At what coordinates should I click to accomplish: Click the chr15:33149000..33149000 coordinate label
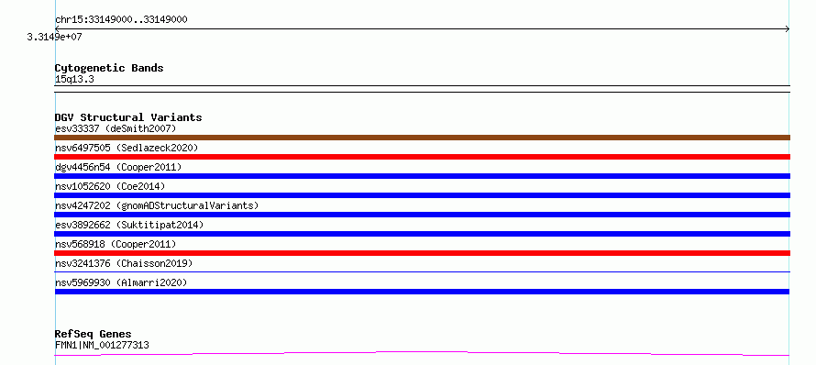click(x=121, y=20)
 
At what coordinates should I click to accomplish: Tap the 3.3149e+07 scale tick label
click(x=55, y=38)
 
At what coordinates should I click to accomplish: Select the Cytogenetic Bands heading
click(x=109, y=68)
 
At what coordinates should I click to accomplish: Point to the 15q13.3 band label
click(x=74, y=80)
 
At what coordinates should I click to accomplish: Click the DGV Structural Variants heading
click(x=128, y=117)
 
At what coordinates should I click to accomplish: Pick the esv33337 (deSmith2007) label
click(x=116, y=128)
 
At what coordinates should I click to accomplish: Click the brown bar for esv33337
click(x=422, y=138)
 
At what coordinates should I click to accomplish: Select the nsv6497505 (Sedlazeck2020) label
click(x=127, y=148)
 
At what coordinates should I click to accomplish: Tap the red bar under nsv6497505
click(x=422, y=157)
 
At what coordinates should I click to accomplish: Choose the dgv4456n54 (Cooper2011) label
click(x=118, y=167)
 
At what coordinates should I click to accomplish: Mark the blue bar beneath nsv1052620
click(x=422, y=195)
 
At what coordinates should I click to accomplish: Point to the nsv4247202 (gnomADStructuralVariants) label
click(x=157, y=205)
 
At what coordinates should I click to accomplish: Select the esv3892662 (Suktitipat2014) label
click(x=129, y=225)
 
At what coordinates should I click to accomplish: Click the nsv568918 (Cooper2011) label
click(x=116, y=244)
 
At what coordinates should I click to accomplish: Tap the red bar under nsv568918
click(x=422, y=253)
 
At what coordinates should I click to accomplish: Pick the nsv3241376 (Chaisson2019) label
click(x=124, y=263)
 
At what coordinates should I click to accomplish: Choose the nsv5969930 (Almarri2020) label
click(x=121, y=282)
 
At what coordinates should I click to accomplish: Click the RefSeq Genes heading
click(x=94, y=335)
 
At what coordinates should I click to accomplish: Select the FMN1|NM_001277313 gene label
click(x=102, y=345)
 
